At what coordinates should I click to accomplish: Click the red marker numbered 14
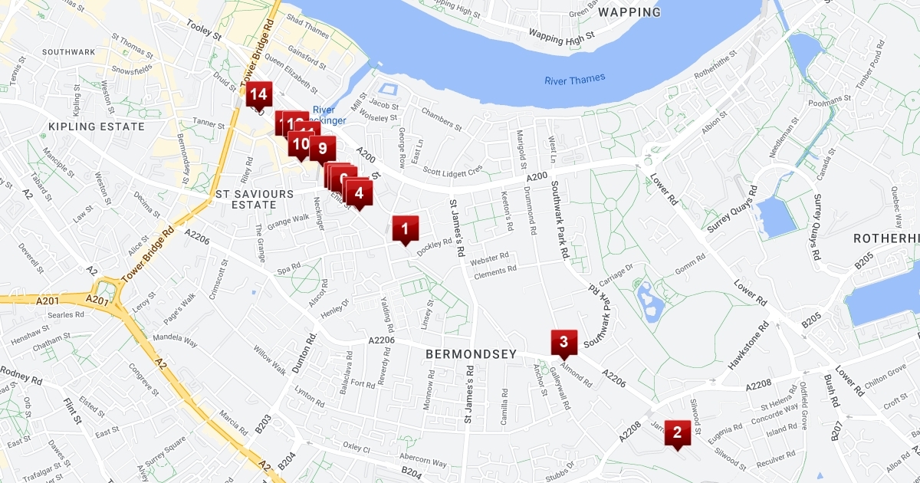[258, 95]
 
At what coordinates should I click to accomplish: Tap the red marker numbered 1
[405, 228]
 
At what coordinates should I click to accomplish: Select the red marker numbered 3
[563, 342]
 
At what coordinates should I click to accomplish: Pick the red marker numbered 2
[677, 432]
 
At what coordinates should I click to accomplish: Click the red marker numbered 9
[323, 148]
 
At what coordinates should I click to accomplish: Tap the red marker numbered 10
[300, 143]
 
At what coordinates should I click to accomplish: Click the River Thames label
[574, 79]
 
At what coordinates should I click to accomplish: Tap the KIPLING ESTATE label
[96, 127]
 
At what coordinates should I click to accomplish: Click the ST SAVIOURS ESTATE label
[255, 199]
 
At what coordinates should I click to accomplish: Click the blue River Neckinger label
[330, 115]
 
